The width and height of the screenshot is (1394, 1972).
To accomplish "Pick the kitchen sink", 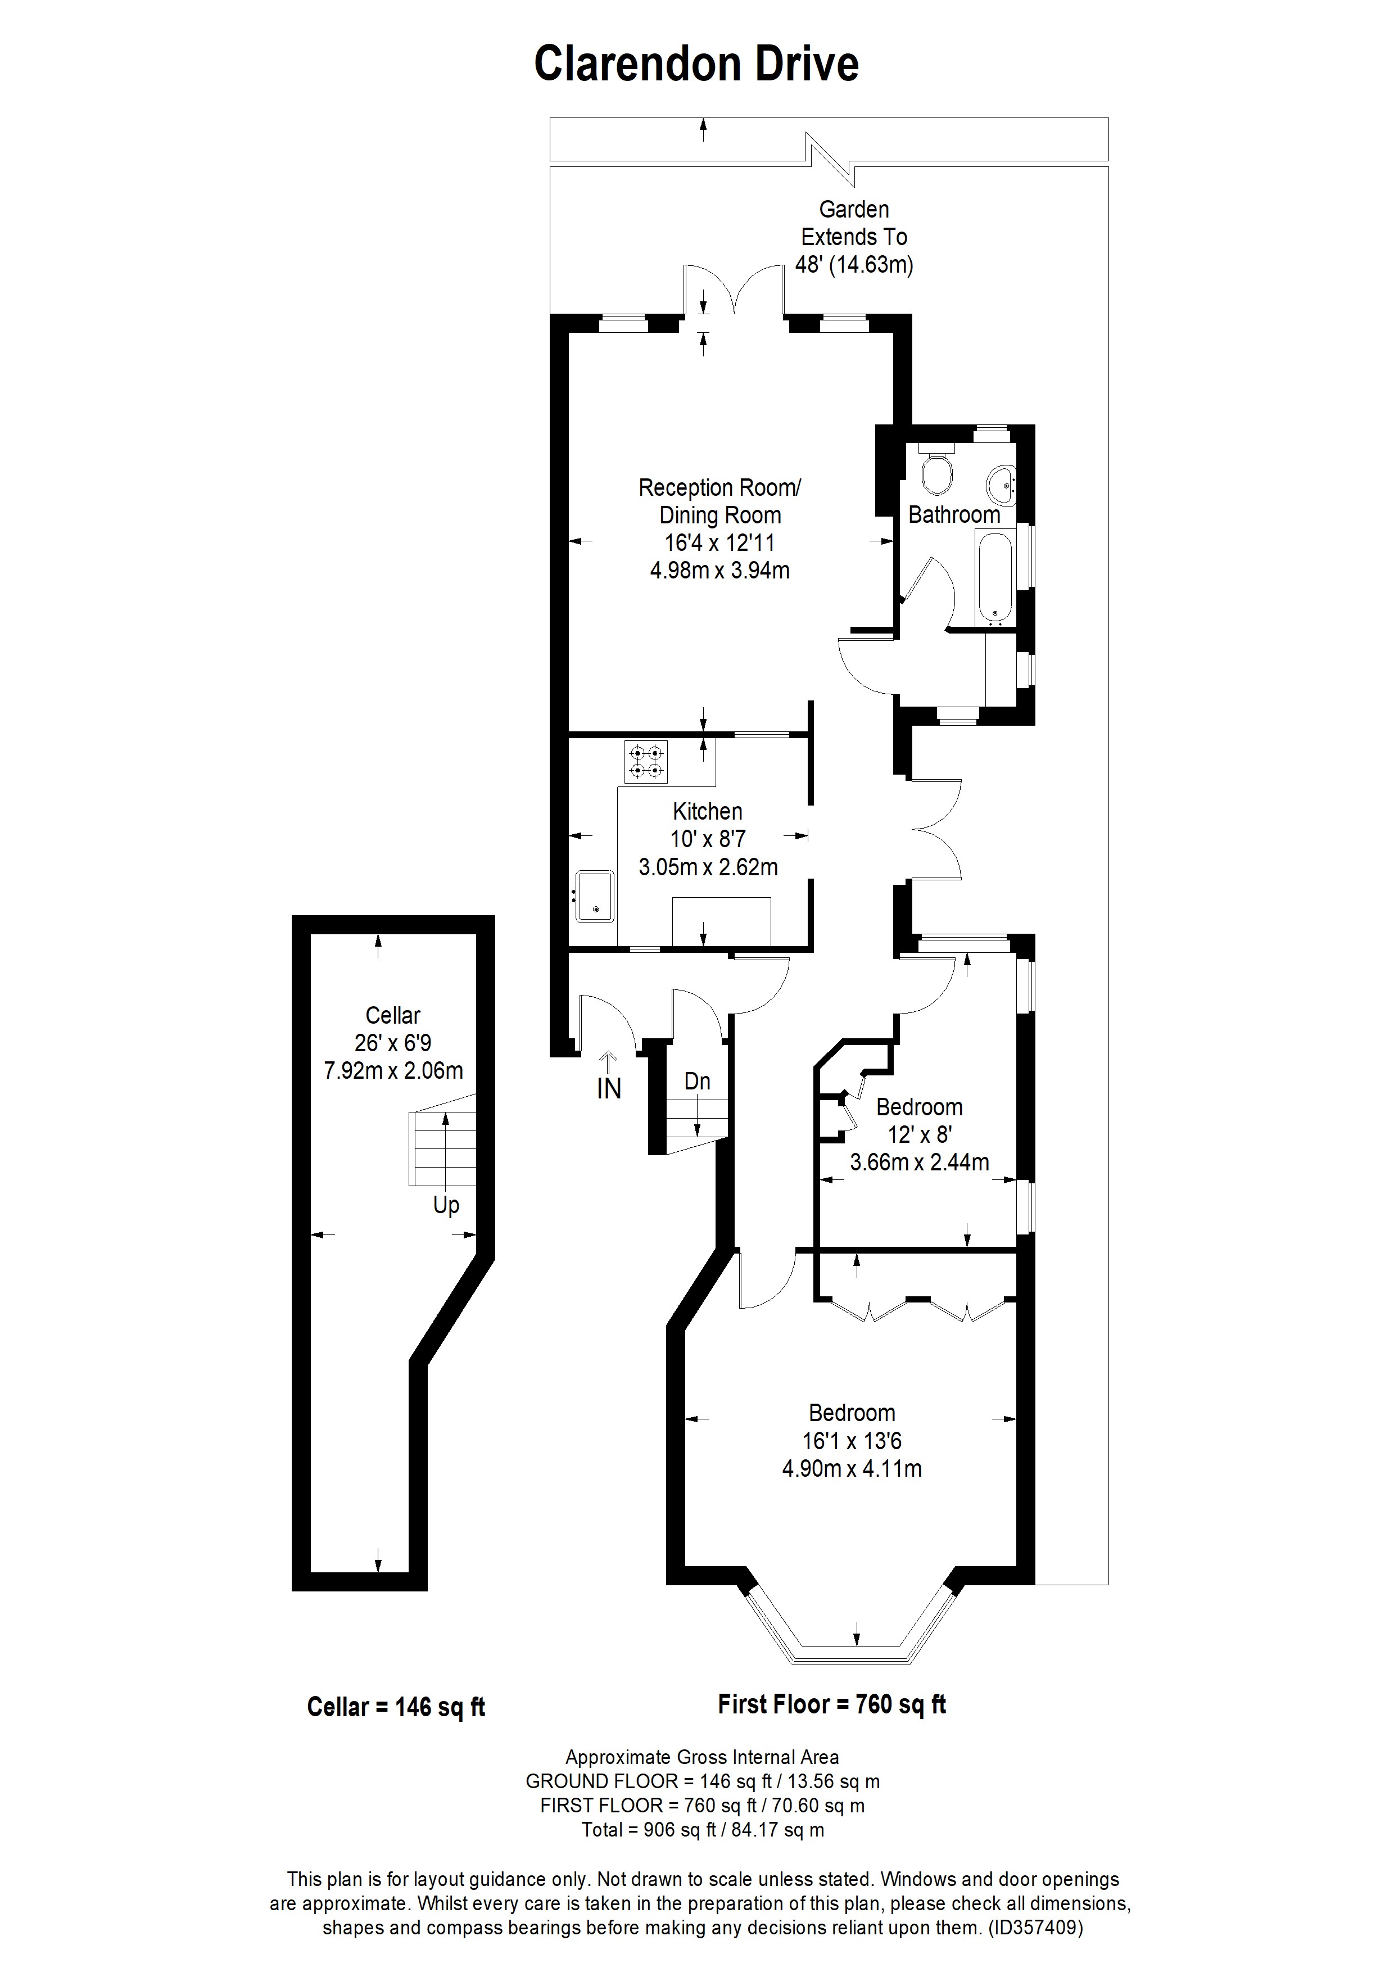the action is coord(594,896).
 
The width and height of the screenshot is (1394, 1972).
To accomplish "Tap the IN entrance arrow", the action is coord(609,1064).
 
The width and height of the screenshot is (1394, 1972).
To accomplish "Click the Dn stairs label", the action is coord(698,1082).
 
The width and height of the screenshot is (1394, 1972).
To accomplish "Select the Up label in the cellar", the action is coord(446,1206).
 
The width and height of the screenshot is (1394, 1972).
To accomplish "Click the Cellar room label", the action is coord(392,1015).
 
